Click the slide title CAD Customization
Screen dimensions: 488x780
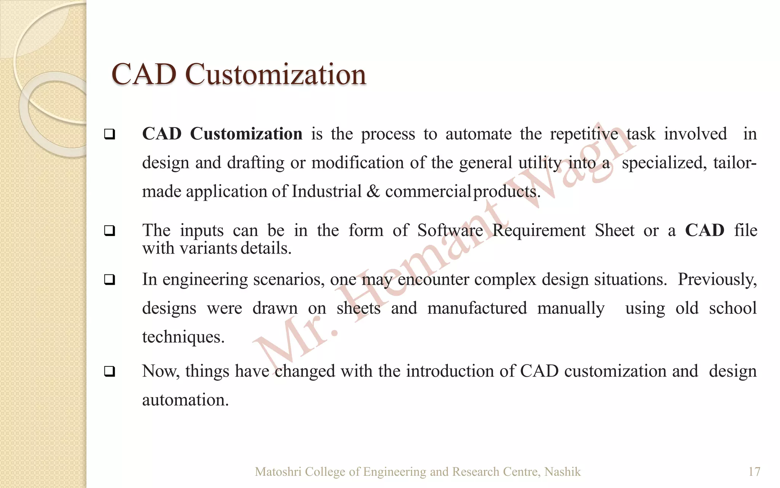coord(238,74)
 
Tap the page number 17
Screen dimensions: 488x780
coord(754,472)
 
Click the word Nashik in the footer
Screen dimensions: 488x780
coord(563,472)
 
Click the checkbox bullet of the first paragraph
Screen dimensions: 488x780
coord(110,134)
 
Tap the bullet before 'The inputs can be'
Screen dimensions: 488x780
coord(110,231)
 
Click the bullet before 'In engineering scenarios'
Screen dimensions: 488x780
coord(110,280)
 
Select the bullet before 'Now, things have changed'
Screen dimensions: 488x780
coord(110,371)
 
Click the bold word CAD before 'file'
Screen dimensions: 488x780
coord(704,230)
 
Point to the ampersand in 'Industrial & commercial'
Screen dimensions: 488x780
coord(373,191)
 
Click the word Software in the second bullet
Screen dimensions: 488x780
coord(450,230)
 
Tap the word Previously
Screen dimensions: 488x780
coord(717,279)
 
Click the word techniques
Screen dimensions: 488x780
coord(183,337)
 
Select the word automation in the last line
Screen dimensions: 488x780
coord(185,400)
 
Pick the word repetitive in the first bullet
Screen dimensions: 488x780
coord(584,134)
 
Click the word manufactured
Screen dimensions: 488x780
coord(477,308)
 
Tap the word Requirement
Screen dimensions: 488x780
coord(539,230)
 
